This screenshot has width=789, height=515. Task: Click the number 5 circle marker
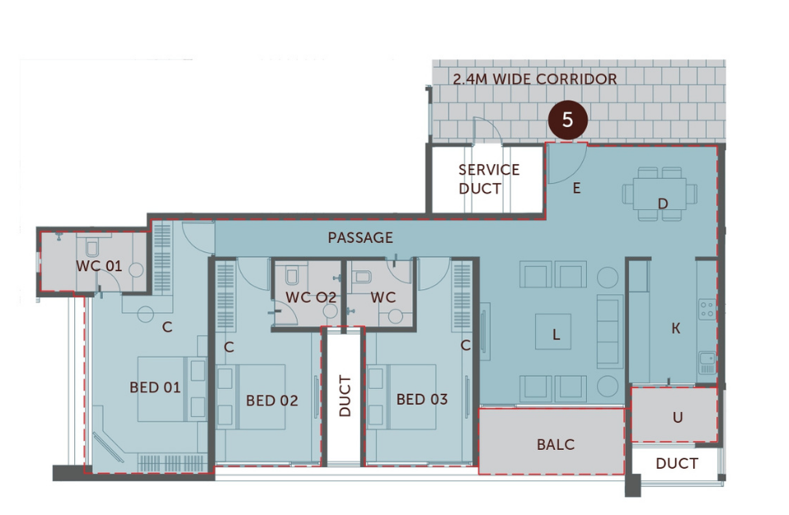[567, 119]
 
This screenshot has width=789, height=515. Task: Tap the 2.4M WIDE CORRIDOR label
[534, 79]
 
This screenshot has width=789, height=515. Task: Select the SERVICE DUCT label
[489, 179]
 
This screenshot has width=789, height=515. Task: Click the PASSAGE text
[360, 237]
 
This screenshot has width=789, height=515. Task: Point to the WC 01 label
[98, 266]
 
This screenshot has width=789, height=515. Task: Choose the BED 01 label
[155, 386]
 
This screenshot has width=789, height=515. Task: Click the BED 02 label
[271, 400]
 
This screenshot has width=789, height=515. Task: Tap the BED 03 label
[421, 400]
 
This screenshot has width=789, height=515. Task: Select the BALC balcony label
[555, 444]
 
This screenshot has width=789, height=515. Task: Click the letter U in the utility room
[677, 417]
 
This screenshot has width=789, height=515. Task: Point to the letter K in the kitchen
[676, 329]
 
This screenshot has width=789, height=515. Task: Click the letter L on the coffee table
[557, 334]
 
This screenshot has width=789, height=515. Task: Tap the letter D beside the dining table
[662, 203]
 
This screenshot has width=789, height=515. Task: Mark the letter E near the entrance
[576, 189]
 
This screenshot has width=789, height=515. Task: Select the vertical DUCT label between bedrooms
[344, 396]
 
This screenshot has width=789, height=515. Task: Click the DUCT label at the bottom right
[676, 464]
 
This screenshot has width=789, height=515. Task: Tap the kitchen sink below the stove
[707, 361]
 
